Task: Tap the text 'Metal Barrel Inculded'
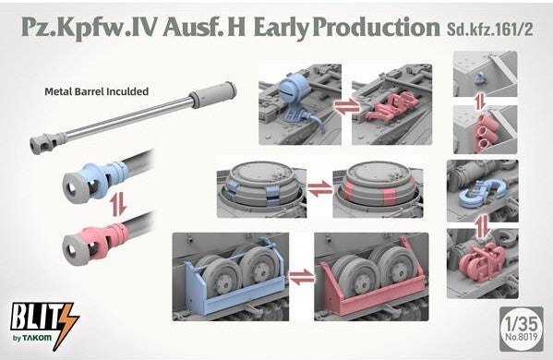pos(96,91)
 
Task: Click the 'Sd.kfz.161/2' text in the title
pos(489,30)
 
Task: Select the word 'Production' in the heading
pos(376,28)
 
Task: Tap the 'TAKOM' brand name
pos(37,338)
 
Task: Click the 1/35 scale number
pos(521,323)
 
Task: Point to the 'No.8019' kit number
pos(522,337)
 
